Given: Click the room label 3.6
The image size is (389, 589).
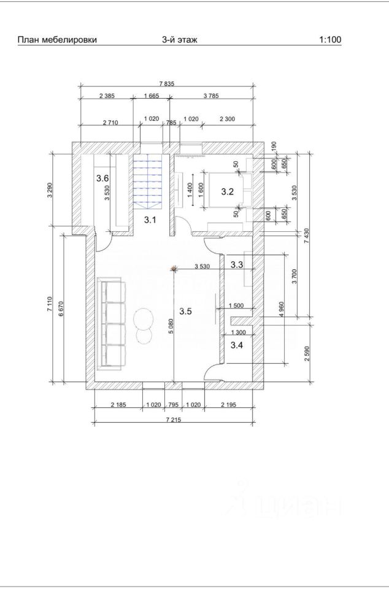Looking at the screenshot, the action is click(102, 178).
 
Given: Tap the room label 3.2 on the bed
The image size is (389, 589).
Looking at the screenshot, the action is click(227, 192).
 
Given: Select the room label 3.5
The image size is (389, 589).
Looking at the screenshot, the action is click(185, 311).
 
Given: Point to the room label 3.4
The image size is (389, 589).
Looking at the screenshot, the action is click(237, 345).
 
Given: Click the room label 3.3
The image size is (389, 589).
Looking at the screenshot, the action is click(237, 265).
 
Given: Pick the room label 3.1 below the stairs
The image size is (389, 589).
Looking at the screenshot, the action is click(150, 220).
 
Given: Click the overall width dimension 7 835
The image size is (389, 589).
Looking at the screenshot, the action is click(168, 84).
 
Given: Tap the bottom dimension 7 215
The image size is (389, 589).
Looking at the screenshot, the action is click(173, 420).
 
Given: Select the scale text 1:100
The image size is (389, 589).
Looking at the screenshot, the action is click(330, 40).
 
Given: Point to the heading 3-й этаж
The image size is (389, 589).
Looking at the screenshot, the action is click(180, 40).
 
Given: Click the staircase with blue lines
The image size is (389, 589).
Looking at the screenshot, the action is click(148, 180).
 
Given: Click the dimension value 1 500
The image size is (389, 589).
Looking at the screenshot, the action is click(236, 306).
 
